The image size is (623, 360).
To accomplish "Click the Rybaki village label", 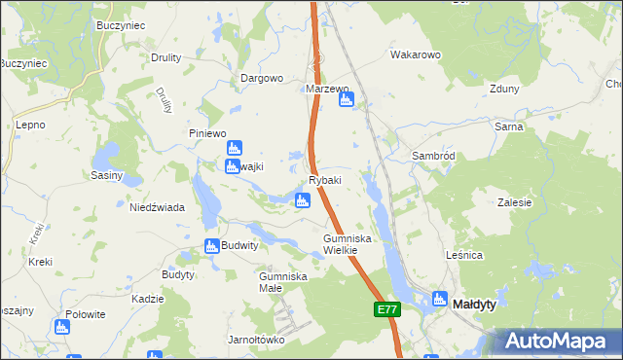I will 325,181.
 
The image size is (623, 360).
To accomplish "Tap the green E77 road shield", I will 386,309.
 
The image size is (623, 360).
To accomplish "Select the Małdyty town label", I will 475,305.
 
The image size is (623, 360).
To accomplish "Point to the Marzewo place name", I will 327,89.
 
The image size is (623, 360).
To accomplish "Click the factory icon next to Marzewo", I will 346,99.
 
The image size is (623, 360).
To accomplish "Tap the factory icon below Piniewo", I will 234,149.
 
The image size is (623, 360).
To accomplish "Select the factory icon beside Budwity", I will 211,247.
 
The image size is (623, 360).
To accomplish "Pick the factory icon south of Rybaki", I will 303,200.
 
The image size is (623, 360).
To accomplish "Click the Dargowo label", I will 262,78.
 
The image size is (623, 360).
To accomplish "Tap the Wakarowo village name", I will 417,55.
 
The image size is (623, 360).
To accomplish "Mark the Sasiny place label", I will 106,176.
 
